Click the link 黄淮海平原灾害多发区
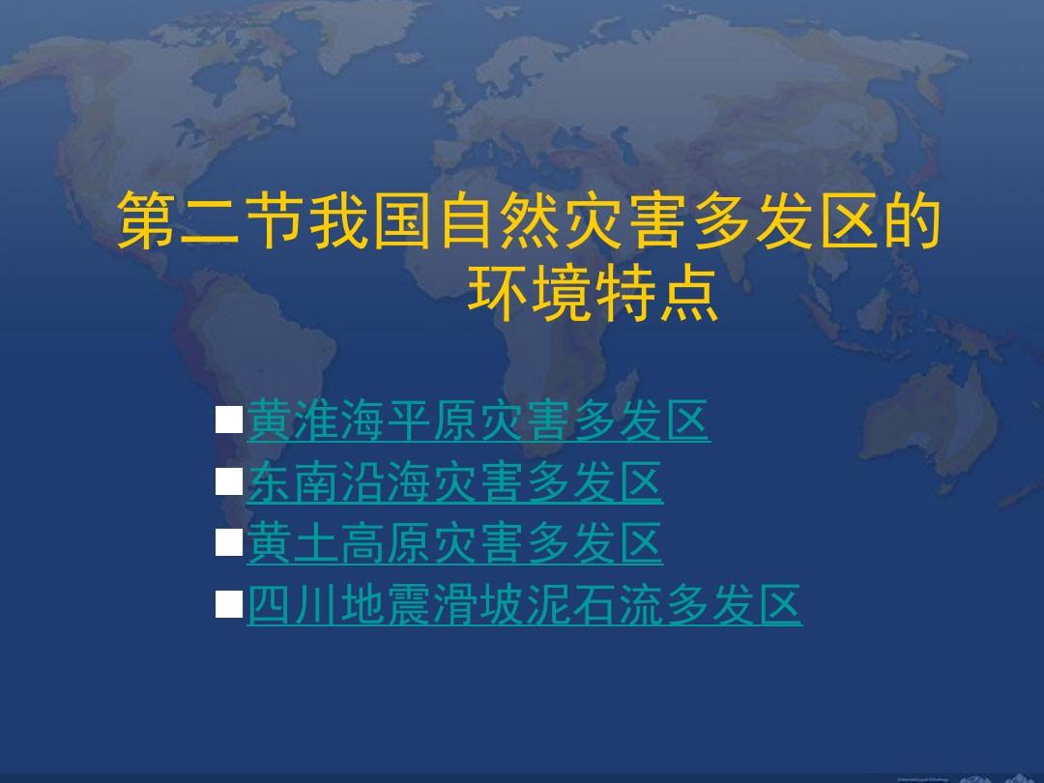pos(478,420)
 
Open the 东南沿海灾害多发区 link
pos(454,482)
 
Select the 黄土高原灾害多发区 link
pos(454,543)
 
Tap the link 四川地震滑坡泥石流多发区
pos(524,604)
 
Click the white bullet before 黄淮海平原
pos(229,420)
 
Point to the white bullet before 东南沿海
pos(229,481)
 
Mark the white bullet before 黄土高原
pos(229,542)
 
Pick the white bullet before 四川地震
pos(229,604)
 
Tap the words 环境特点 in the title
pos(594,294)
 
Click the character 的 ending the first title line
pos(912,221)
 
